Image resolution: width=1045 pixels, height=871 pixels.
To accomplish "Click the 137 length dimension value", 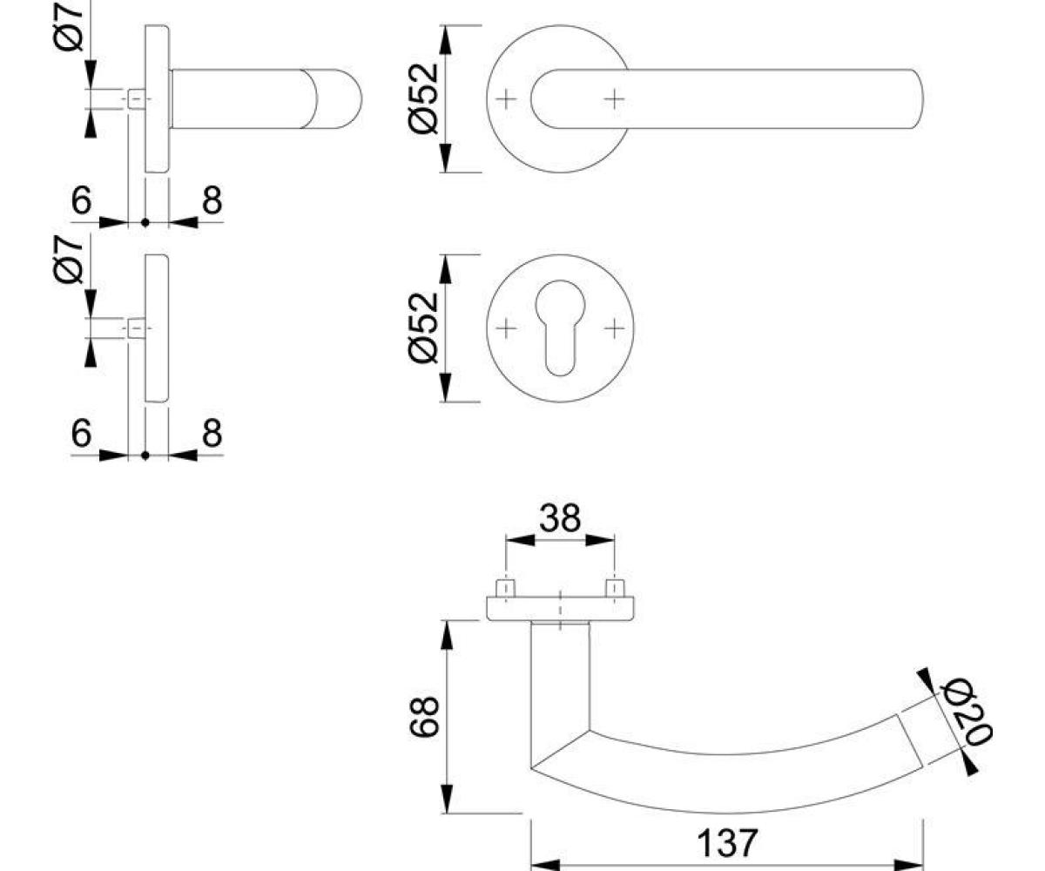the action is pyautogui.click(x=726, y=843).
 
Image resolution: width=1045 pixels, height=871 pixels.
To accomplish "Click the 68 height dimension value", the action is pyautogui.click(x=424, y=717).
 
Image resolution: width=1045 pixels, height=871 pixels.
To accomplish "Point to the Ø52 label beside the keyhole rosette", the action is pyautogui.click(x=423, y=327).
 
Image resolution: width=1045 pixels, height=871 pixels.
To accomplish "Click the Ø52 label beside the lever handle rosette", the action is pyautogui.click(x=423, y=98).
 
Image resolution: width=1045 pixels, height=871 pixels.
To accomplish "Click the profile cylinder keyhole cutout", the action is pyautogui.click(x=560, y=327).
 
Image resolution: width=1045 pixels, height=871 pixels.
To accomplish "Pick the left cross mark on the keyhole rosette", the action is pyautogui.click(x=506, y=328).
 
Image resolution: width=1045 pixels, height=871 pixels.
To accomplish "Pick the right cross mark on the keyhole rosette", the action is pyautogui.click(x=615, y=328).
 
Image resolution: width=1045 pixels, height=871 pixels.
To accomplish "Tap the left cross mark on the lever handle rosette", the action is pyautogui.click(x=506, y=99).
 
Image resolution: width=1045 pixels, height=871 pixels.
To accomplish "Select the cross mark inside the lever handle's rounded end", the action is pyautogui.click(x=615, y=99).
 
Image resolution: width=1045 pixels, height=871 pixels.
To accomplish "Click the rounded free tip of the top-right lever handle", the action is pyautogui.click(x=922, y=99).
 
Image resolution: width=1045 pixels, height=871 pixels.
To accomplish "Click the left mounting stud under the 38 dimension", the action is pyautogui.click(x=505, y=588).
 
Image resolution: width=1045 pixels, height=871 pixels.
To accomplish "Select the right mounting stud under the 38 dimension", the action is pyautogui.click(x=615, y=588).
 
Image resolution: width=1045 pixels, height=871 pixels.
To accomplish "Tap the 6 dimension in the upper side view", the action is pyautogui.click(x=82, y=200).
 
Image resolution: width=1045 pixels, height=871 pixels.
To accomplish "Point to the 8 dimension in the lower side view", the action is pyautogui.click(x=212, y=433).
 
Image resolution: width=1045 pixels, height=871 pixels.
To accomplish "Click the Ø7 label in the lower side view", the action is pyautogui.click(x=68, y=260).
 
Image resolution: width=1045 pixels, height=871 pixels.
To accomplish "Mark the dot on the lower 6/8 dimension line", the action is pyautogui.click(x=145, y=456).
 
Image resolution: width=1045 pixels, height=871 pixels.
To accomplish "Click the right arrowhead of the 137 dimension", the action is pyautogui.click(x=908, y=865).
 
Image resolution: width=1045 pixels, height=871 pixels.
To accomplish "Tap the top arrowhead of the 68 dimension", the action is pyautogui.click(x=447, y=635).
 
